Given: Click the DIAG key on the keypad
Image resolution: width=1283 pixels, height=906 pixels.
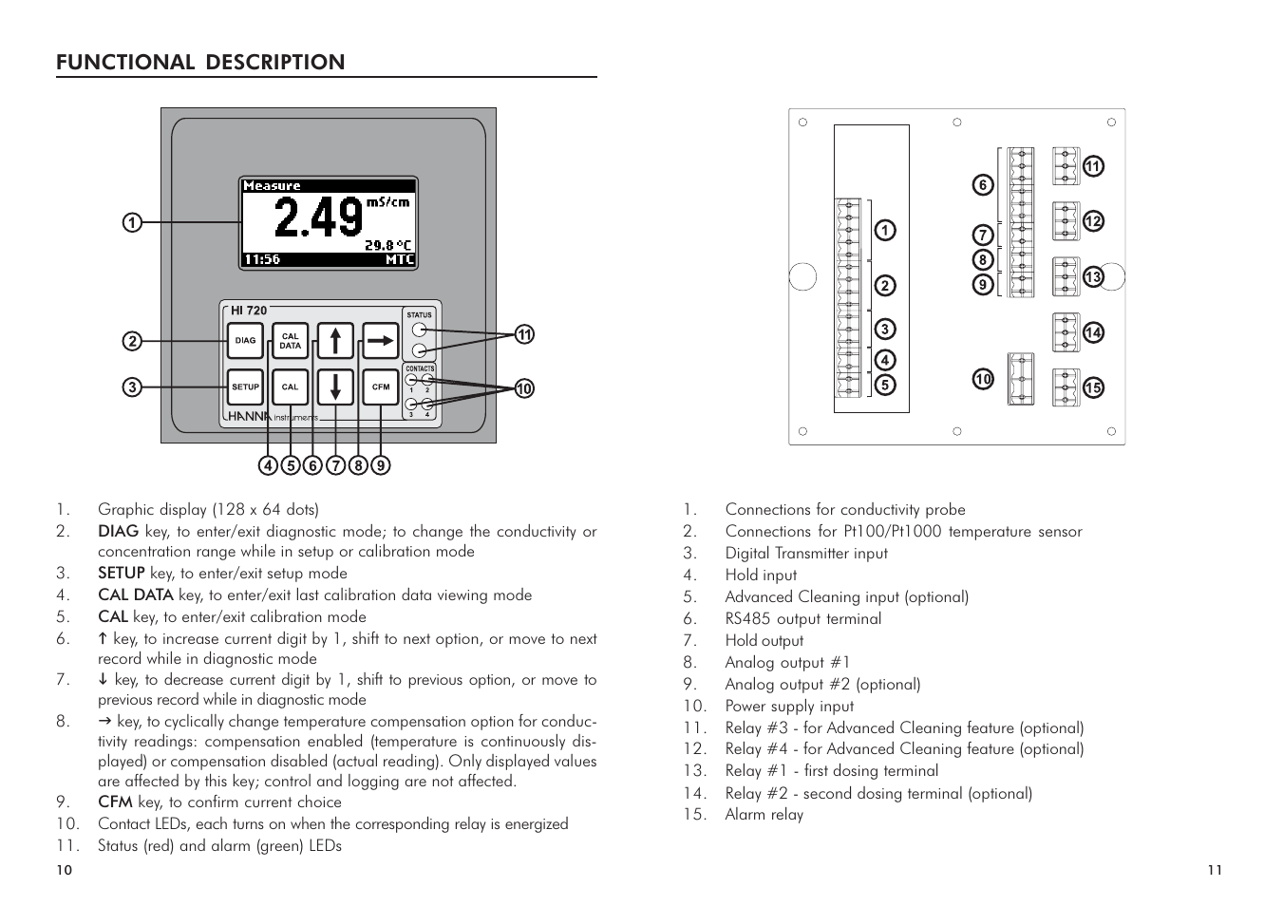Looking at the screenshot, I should pos(245,341).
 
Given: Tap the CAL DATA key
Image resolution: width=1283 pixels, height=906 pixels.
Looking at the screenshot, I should pos(290,341).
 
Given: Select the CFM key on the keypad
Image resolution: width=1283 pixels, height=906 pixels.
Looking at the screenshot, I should pos(381,387).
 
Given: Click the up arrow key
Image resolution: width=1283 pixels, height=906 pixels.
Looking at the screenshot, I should pos(335,341).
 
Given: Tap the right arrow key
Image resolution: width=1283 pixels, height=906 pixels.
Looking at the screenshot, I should pos(381,340).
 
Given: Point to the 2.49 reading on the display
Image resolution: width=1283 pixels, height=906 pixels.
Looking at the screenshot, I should pos(318,217).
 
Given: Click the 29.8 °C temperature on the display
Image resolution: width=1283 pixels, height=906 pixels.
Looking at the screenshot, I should pos(389,244).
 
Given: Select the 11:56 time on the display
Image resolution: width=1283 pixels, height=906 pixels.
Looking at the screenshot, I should pos(262,259).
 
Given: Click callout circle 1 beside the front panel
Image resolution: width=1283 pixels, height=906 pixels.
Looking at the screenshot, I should pos(131,223).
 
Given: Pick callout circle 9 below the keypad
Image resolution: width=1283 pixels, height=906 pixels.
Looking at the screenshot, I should pos(380,465).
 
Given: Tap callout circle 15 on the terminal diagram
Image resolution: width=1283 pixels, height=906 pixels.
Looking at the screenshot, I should pos(1093,387).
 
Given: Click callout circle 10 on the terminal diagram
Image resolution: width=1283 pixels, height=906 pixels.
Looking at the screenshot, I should pos(983,380).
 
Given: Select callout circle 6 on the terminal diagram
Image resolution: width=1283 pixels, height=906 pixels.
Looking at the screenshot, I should pos(983,185).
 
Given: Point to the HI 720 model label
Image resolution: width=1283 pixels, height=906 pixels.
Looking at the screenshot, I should pos(250,311).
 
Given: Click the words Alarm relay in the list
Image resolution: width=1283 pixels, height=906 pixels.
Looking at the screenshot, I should pos(764,815).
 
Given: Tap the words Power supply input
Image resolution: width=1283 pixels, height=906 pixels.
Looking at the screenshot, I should pos(789,706).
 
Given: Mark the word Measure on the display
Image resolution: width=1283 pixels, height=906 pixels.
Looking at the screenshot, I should pos(272,186).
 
